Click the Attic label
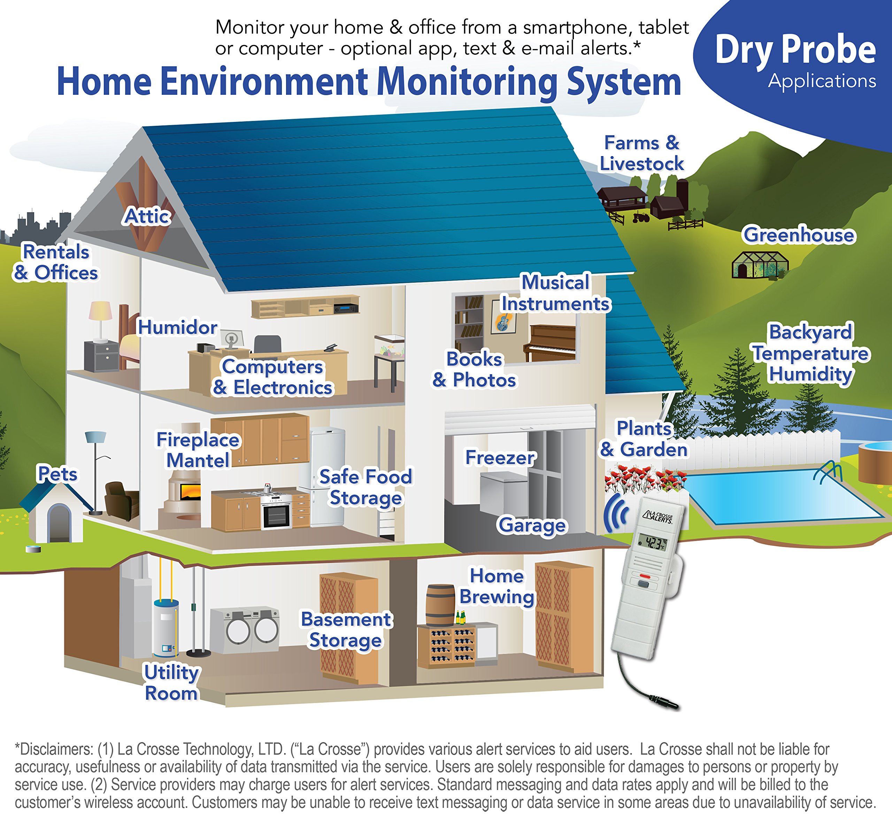point(147,216)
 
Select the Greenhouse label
point(799,235)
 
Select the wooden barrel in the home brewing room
point(440,604)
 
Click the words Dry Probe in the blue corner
point(795,49)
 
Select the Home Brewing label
point(497,586)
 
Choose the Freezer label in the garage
point(500,457)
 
